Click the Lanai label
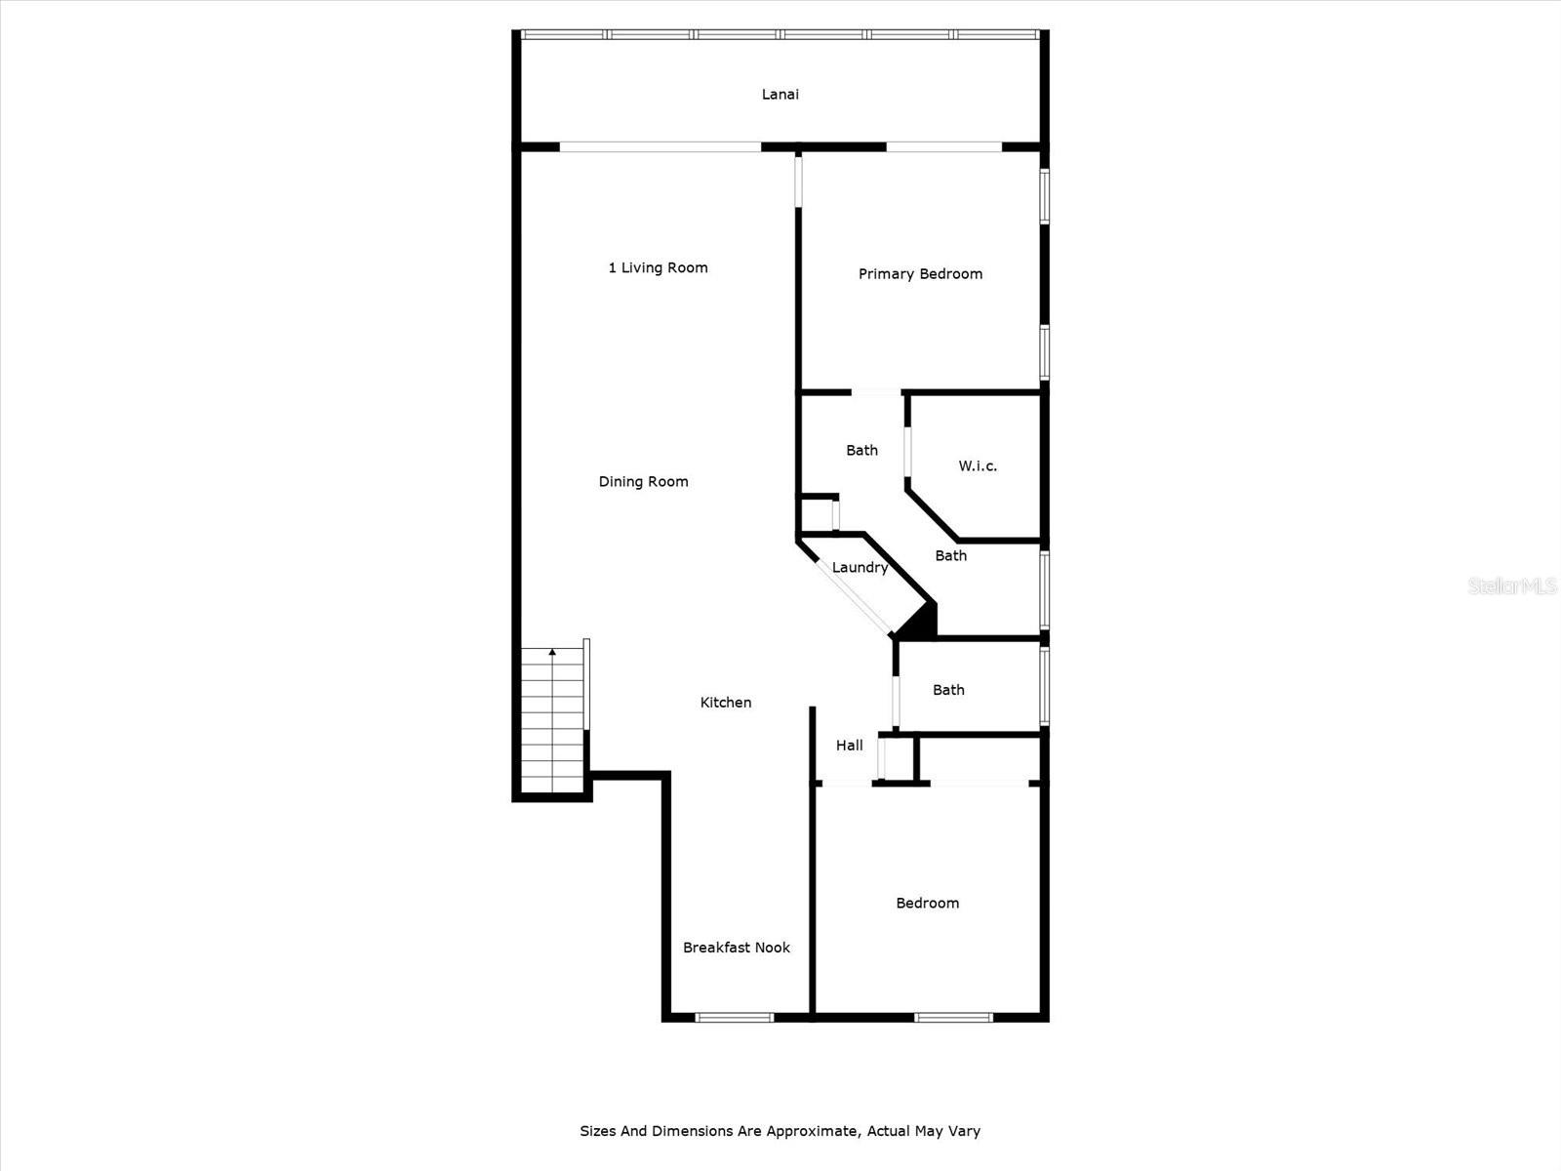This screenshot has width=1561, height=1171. (x=780, y=95)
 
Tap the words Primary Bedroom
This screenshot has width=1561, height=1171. (x=920, y=274)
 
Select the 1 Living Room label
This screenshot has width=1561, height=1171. (x=659, y=268)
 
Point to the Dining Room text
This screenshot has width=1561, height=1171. (x=643, y=482)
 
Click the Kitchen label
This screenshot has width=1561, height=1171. (x=726, y=703)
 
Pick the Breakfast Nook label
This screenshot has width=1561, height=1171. (x=736, y=948)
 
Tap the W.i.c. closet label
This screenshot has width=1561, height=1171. (x=977, y=466)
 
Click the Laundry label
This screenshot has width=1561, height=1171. (x=860, y=568)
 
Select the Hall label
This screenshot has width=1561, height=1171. (x=849, y=746)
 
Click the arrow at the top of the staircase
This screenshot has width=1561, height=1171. (x=552, y=651)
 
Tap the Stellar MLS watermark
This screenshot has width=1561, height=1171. (x=1511, y=585)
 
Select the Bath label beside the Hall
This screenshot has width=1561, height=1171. (x=947, y=691)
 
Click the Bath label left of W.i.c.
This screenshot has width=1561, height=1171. (x=861, y=451)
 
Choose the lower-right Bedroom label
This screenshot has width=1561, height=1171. (x=927, y=904)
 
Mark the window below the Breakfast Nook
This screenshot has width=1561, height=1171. (x=735, y=1018)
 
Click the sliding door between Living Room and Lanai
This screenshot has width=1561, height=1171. (x=660, y=147)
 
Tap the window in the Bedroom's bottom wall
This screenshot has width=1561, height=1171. (x=953, y=1018)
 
